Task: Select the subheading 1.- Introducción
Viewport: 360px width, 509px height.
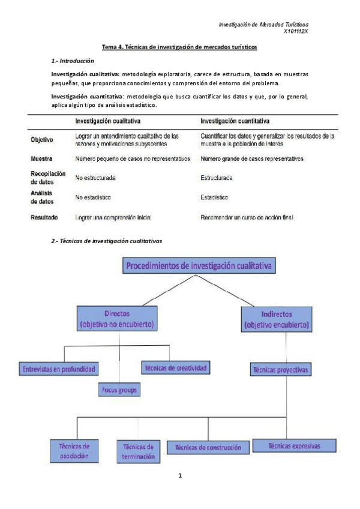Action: click(x=73, y=61)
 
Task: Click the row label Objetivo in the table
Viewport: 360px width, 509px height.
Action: click(x=42, y=140)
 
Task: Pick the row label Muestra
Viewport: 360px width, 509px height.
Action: click(x=41, y=159)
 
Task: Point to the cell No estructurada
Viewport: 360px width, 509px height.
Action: click(x=95, y=178)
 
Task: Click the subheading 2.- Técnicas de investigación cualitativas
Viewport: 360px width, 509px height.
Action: click(x=107, y=241)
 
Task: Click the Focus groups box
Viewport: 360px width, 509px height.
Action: click(x=119, y=390)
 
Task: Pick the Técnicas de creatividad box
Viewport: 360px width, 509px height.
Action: click(x=175, y=367)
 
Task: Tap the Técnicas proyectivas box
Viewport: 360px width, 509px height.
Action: click(x=280, y=370)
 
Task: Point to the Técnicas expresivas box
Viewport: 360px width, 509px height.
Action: click(x=294, y=446)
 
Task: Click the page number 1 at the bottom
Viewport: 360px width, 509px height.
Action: click(x=179, y=476)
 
